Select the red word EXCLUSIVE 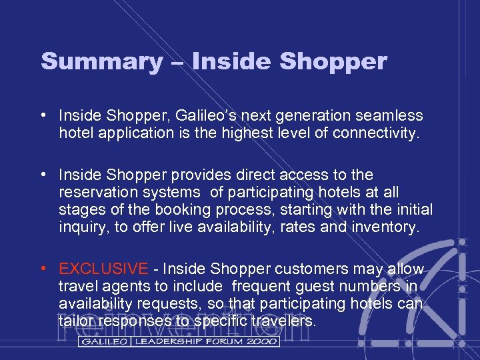click(103, 269)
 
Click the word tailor click(76, 321)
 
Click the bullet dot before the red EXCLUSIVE click(43, 269)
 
